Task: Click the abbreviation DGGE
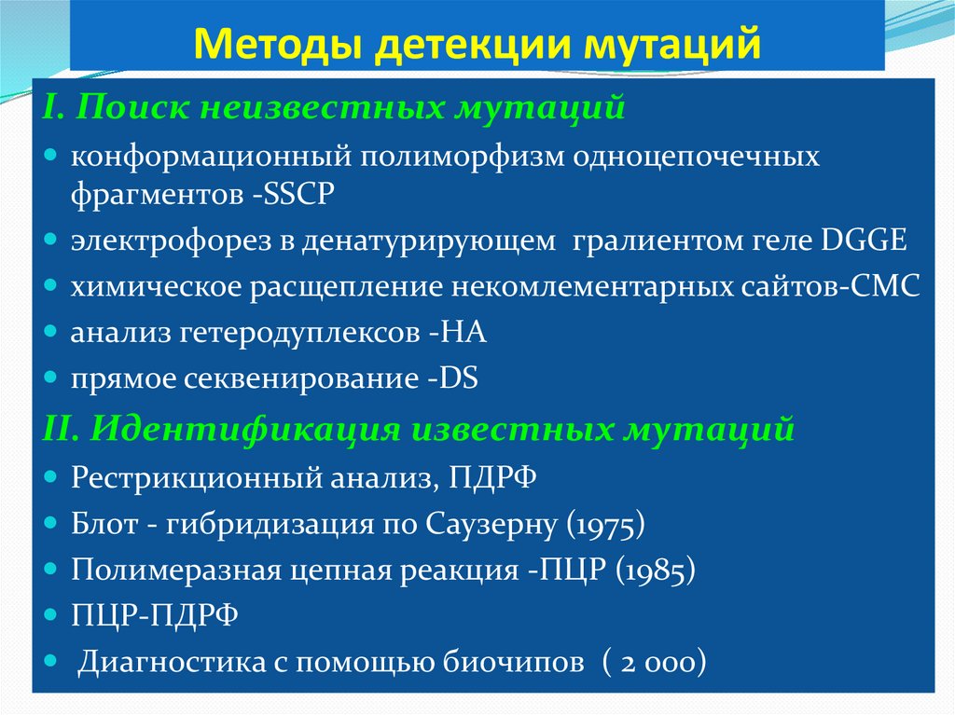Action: [864, 241]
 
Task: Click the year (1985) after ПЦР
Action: [655, 569]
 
